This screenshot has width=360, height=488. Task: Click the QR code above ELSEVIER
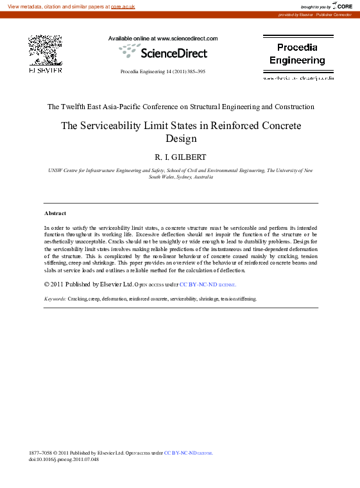pos(45,50)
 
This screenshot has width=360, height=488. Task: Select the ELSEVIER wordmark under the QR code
pos(45,70)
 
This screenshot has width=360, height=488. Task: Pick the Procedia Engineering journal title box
pos(297,54)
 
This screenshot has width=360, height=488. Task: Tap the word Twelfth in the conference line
pos(78,107)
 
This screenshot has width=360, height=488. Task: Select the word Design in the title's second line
pos(180,138)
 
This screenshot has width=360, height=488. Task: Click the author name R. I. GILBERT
pos(180,157)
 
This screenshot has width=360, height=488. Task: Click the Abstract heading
pos(55,213)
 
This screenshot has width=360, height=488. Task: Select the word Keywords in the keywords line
pos(55,299)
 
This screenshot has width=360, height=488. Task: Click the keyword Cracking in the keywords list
pos(78,299)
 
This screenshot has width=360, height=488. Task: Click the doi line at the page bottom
pos(64,459)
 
